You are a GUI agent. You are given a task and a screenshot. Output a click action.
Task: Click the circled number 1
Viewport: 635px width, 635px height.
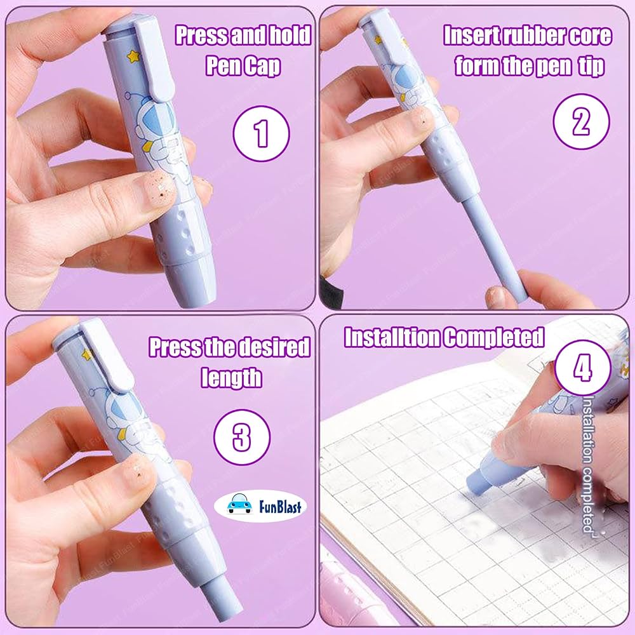(x=261, y=133)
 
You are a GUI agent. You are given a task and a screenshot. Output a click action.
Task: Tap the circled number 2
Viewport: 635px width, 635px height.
(x=581, y=121)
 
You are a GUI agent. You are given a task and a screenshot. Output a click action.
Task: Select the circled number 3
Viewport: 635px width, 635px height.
(x=242, y=437)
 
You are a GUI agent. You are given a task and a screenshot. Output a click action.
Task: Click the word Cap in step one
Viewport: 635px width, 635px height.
(x=262, y=66)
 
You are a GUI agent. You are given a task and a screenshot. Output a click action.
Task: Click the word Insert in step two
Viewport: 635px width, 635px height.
(x=471, y=36)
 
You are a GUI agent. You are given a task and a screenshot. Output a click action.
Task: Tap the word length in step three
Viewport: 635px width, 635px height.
(x=231, y=378)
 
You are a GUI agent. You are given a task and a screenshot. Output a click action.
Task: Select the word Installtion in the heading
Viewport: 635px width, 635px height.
(x=392, y=337)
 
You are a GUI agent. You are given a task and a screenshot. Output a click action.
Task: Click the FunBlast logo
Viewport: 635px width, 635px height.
(x=260, y=505)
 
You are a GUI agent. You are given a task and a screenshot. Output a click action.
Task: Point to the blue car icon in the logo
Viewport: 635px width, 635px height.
(x=239, y=504)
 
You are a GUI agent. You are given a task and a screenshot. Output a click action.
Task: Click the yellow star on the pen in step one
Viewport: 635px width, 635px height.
(x=133, y=56)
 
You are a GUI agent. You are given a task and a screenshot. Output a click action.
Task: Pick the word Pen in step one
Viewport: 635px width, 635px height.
(x=222, y=66)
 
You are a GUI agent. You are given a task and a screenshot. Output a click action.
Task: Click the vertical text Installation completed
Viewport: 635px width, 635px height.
(x=588, y=464)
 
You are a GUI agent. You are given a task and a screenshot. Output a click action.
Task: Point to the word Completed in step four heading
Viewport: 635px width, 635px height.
(x=493, y=337)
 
